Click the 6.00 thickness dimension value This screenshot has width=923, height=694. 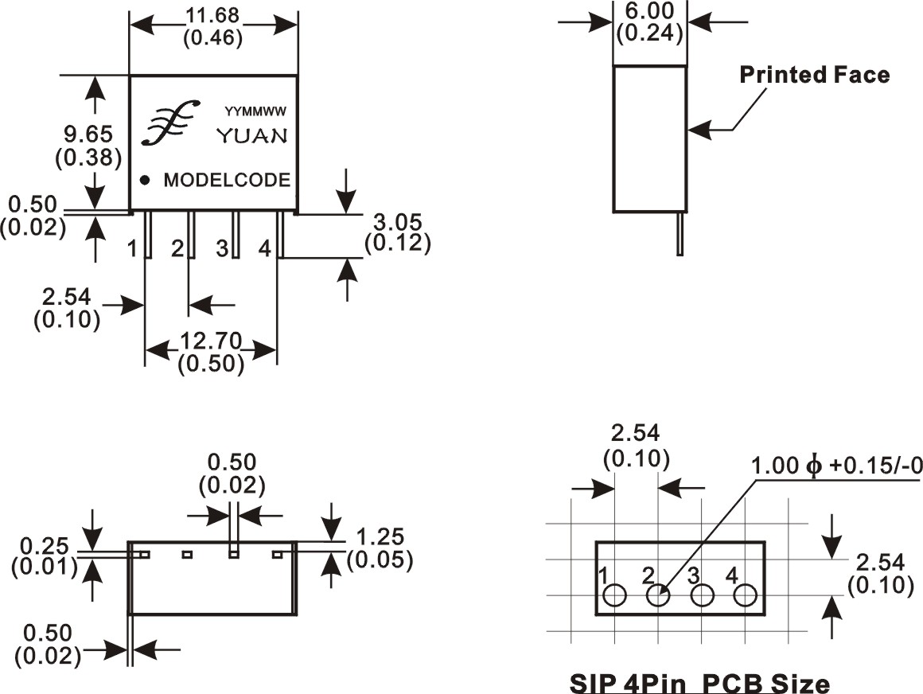(649, 11)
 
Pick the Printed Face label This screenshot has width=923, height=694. (814, 75)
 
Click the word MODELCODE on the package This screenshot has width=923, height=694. (227, 181)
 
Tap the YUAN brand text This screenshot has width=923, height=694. (252, 136)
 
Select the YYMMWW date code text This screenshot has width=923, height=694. (255, 112)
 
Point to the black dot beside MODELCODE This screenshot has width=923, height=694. (145, 180)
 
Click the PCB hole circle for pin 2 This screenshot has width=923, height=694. (657, 595)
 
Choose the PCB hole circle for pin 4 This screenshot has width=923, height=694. (746, 595)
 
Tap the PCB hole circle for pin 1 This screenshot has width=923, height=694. (614, 595)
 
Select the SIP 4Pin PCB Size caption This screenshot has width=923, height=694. (699, 683)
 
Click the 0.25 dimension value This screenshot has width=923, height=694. (47, 547)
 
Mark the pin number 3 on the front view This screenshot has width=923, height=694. (222, 248)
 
